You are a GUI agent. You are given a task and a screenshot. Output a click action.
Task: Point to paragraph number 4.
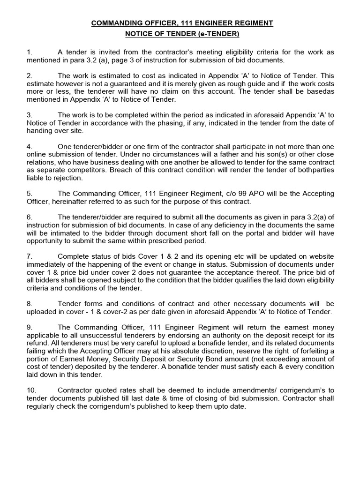(x=29, y=145)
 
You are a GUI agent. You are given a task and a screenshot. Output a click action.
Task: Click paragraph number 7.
(x=29, y=256)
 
